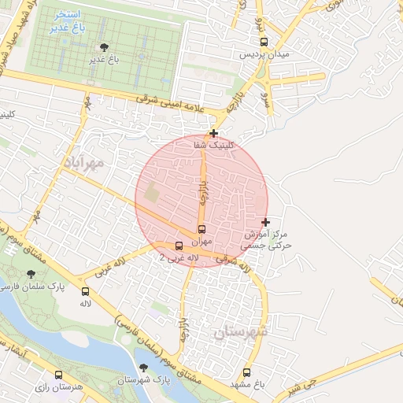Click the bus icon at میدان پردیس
click(264, 42)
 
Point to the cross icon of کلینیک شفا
click(213, 133)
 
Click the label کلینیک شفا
click(213, 145)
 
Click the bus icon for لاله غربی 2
click(179, 246)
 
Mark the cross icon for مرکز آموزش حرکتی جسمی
click(265, 222)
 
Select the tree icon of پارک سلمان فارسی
click(31, 274)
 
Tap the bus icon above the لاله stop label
click(85, 291)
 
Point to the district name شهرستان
click(240, 331)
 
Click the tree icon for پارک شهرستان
click(143, 368)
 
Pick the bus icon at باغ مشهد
click(247, 372)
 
